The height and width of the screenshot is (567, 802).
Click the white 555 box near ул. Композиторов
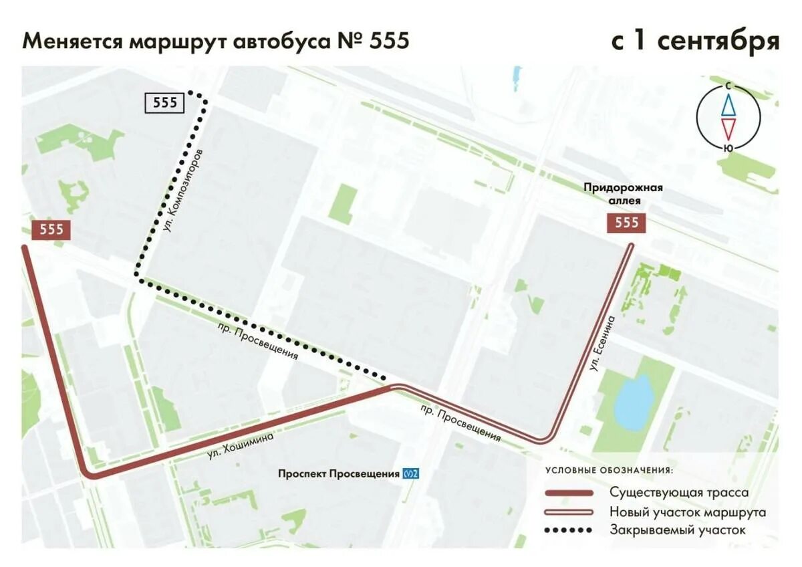(x=165, y=102)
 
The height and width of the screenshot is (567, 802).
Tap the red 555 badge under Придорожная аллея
(x=626, y=223)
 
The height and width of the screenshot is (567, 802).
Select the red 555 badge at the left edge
(x=51, y=230)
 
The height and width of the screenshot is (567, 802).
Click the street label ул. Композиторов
(x=182, y=191)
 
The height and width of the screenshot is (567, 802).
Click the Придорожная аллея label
(x=623, y=194)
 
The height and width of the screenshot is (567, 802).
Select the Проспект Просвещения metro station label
(x=338, y=474)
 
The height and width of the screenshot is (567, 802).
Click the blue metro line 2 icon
(x=411, y=474)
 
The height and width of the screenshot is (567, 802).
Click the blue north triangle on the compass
(x=728, y=104)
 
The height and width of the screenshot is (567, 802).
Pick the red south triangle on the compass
(x=728, y=128)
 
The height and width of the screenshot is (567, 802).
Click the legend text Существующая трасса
(x=678, y=493)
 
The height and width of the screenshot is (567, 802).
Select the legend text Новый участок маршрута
(x=687, y=512)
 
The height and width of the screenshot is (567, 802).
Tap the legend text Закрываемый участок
(x=677, y=531)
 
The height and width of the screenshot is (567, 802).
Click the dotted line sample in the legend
(x=569, y=531)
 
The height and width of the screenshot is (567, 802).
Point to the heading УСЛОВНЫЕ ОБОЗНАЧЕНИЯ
(x=609, y=470)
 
